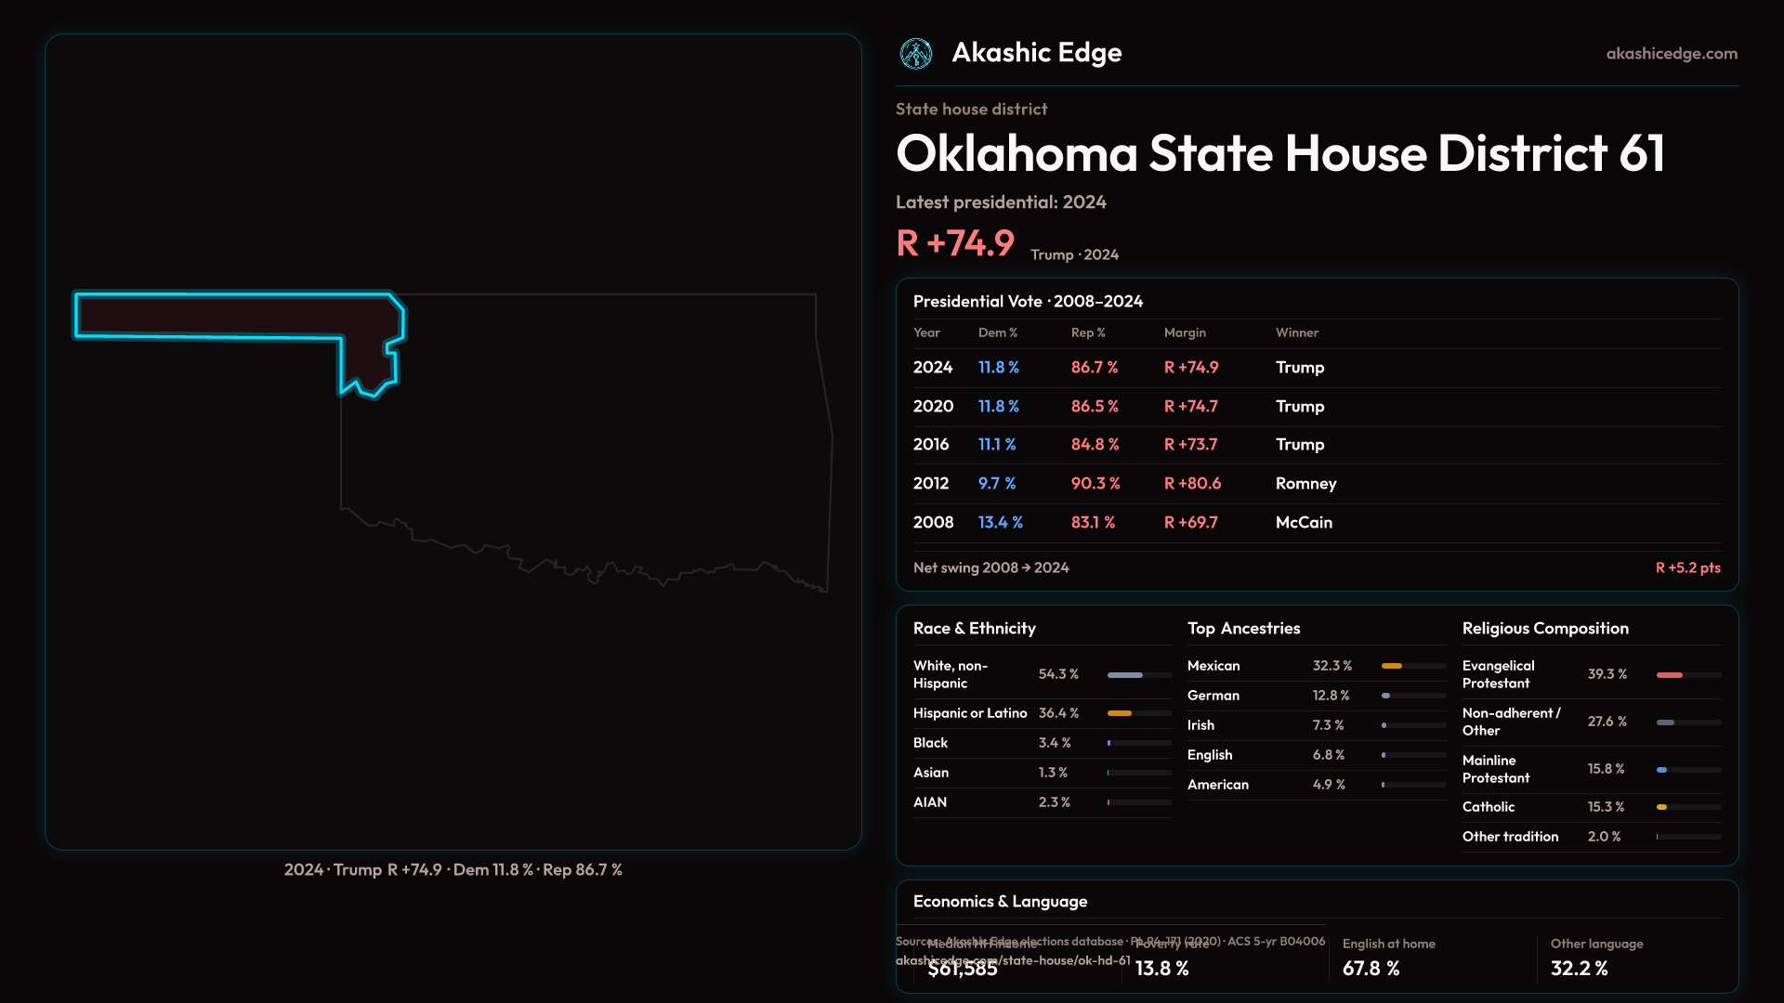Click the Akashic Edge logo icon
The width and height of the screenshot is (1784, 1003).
916,54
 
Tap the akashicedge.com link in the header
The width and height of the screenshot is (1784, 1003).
1672,54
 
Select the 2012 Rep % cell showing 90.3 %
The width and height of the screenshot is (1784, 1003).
1095,484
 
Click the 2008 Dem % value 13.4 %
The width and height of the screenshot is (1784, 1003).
1000,523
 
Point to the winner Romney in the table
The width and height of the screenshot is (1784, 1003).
1305,484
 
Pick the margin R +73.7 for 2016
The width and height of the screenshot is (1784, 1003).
1190,445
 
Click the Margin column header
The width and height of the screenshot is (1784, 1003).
1185,332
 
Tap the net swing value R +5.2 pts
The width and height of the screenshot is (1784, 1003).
1687,567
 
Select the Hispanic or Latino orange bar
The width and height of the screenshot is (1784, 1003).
1120,713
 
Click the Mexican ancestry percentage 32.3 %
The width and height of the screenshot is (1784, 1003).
1331,666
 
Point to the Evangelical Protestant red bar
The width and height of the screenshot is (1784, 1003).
1669,675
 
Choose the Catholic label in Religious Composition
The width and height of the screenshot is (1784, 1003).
1488,807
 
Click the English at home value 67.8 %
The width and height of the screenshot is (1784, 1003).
1371,969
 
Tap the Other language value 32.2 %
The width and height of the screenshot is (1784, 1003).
1579,969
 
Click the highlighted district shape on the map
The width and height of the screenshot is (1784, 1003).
232,316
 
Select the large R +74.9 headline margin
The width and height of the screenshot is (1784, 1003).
955,243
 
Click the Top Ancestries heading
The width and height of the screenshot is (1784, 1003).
1243,629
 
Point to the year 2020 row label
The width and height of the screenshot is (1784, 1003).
933,407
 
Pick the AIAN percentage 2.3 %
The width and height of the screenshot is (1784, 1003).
1054,802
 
